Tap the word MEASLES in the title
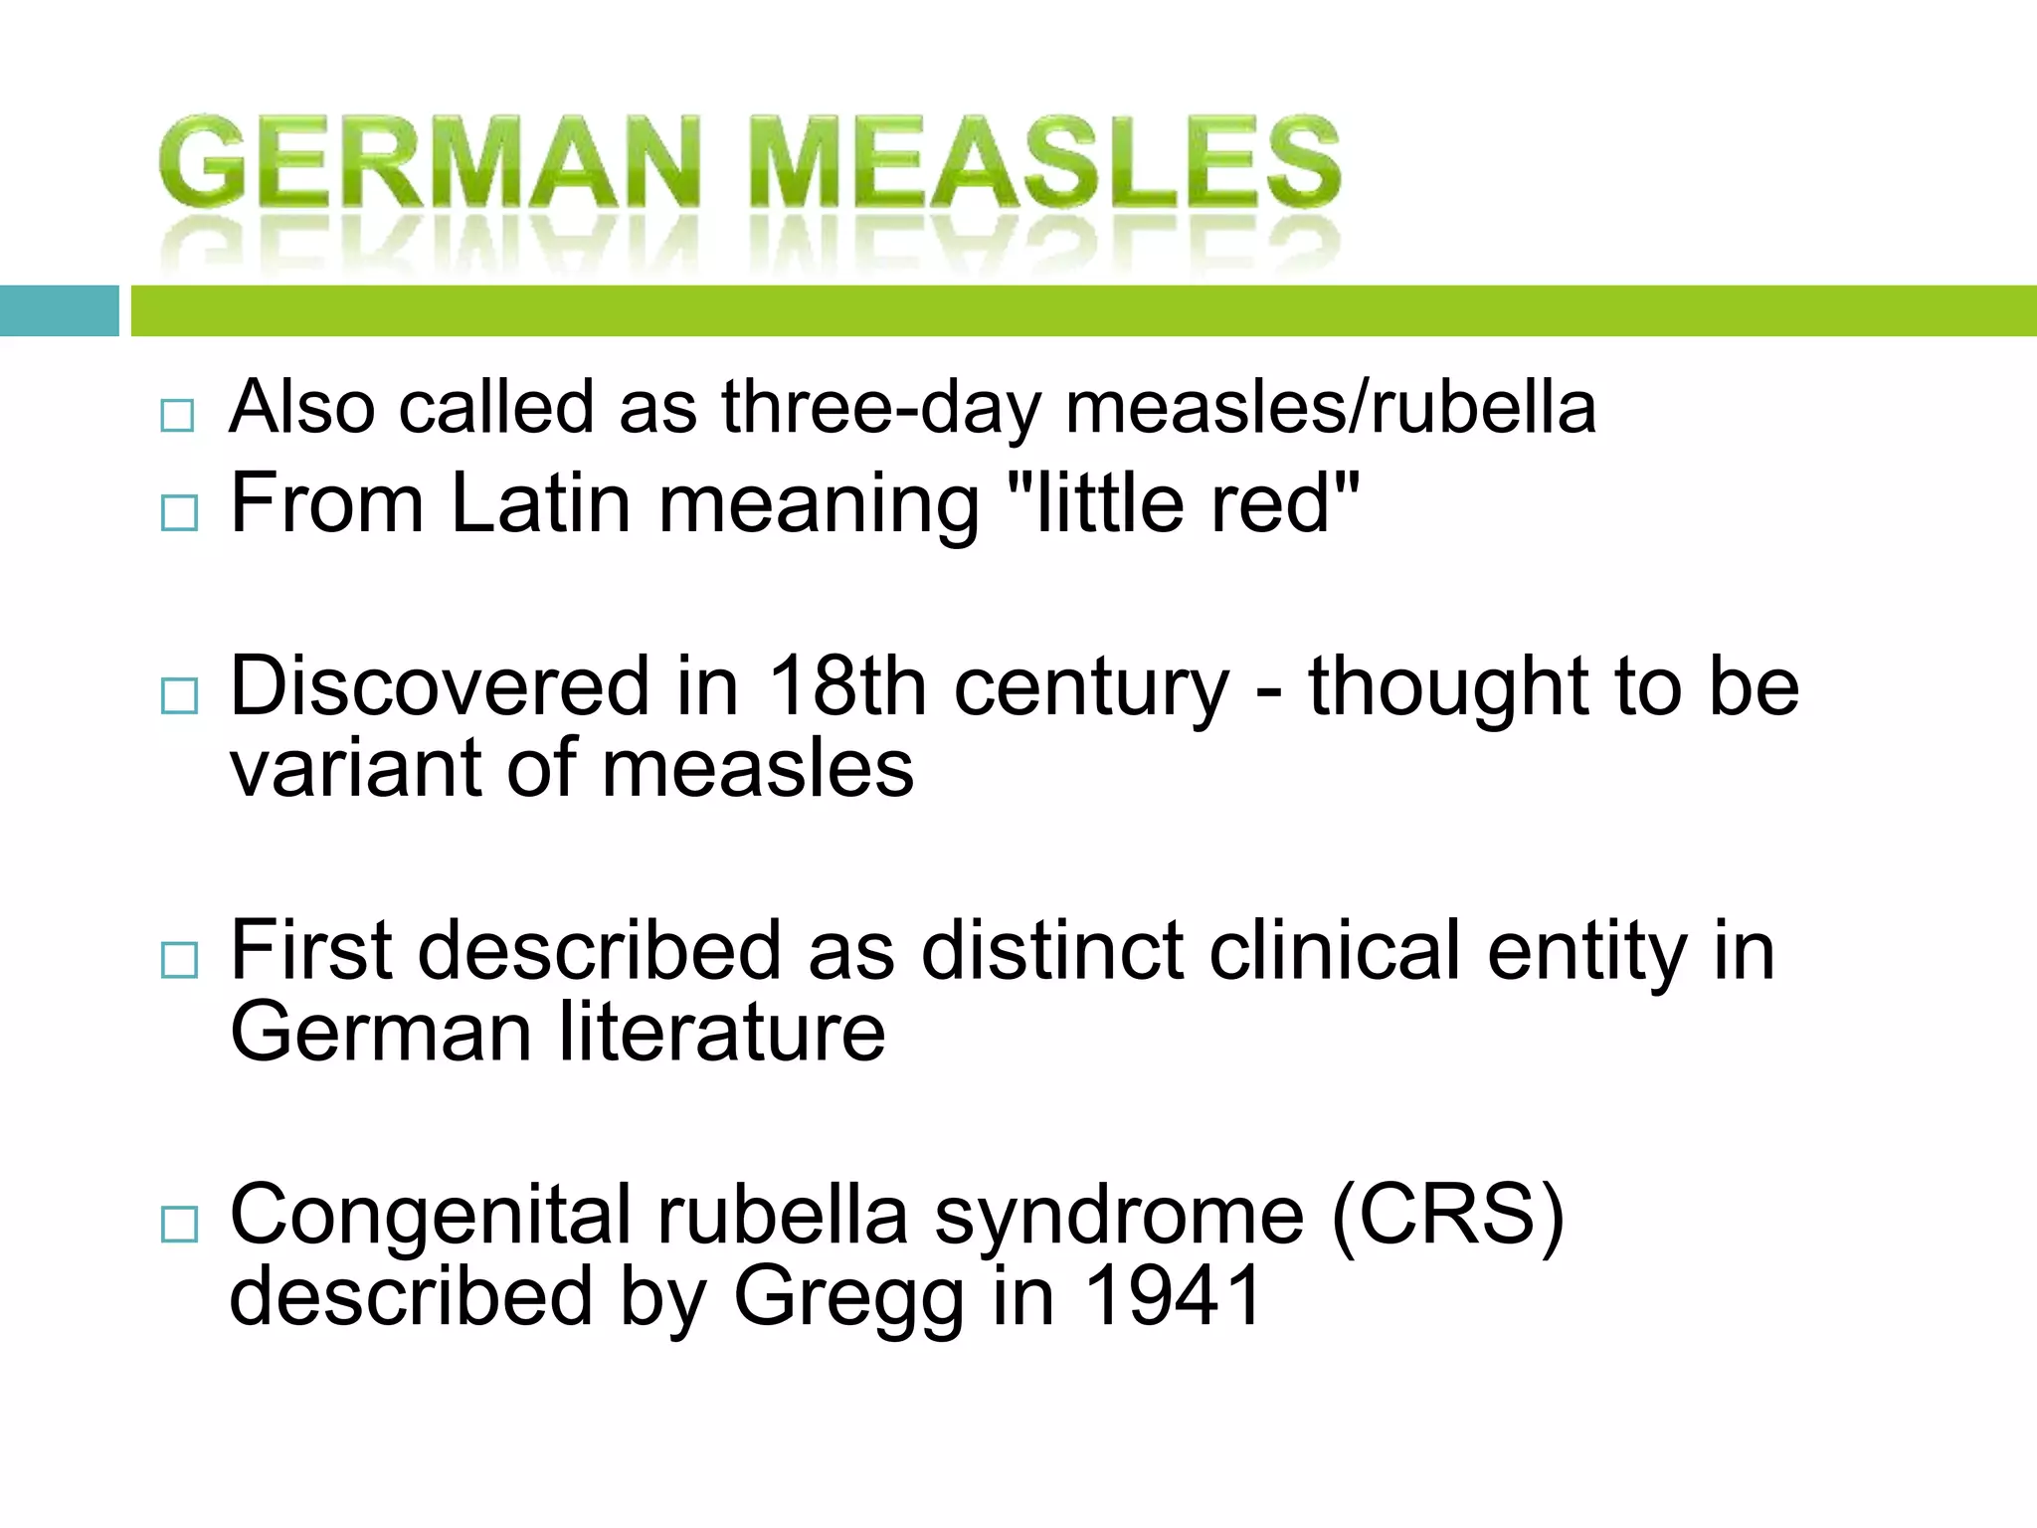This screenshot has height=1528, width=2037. [1044, 161]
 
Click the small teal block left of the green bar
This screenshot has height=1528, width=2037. [59, 310]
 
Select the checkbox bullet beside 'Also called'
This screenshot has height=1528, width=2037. [177, 415]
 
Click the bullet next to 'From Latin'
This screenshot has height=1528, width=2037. [179, 512]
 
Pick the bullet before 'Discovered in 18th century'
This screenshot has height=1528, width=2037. [179, 695]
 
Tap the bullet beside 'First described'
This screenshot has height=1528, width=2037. [179, 960]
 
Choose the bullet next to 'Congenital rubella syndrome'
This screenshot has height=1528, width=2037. [179, 1224]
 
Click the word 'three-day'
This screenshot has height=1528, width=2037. [881, 408]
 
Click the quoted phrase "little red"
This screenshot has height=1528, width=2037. [1184, 503]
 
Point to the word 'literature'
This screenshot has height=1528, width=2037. [721, 1033]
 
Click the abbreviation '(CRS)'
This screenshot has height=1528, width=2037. [1447, 1216]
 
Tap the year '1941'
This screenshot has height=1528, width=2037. [1173, 1297]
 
